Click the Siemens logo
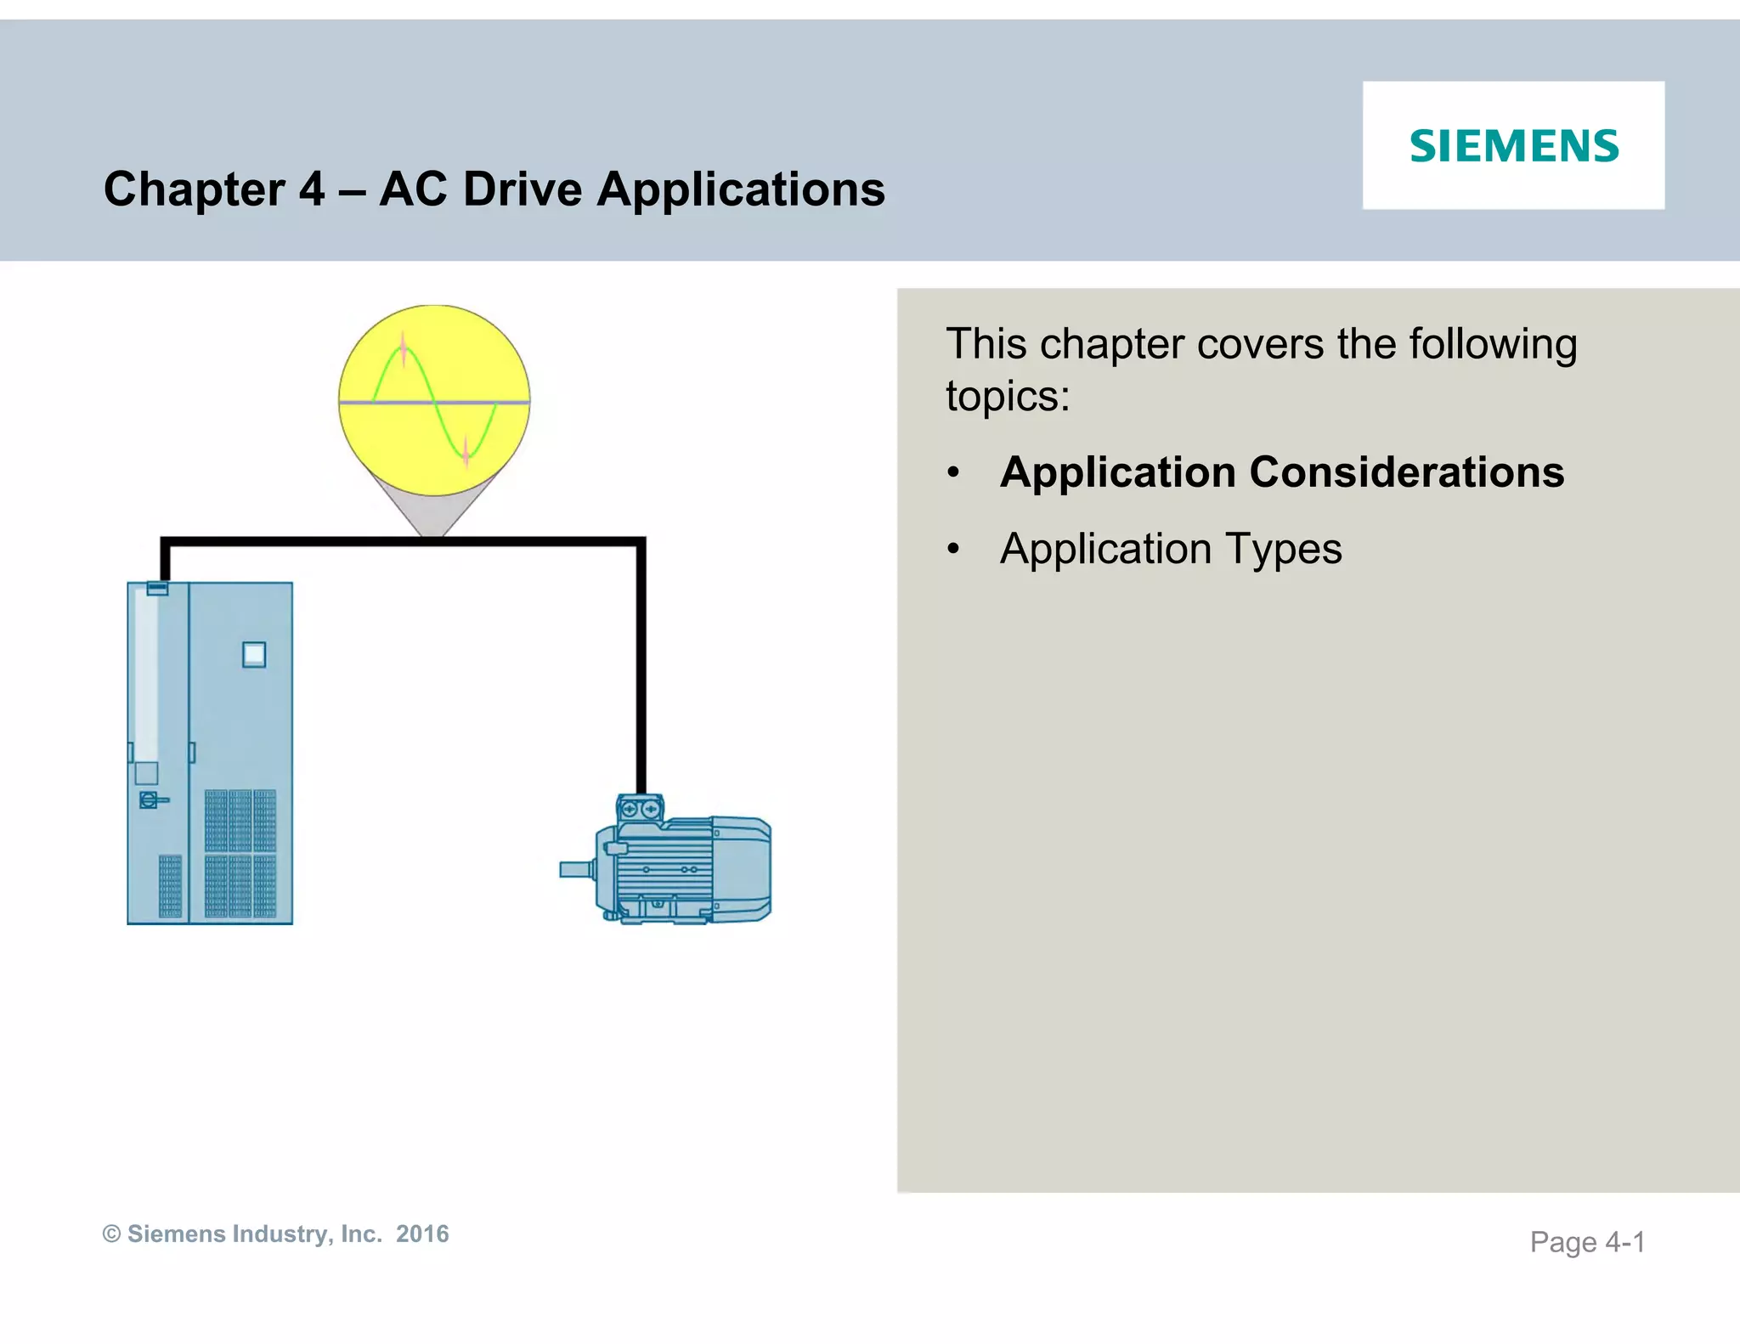(x=1514, y=145)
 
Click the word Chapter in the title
(x=194, y=189)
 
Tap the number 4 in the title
(x=312, y=189)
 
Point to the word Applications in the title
(x=740, y=190)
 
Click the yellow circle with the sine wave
(x=434, y=400)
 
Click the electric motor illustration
(x=680, y=867)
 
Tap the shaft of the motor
(x=577, y=870)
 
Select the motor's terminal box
(x=640, y=808)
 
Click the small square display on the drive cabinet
(x=254, y=654)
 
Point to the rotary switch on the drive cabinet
(x=150, y=799)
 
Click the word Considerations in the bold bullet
(x=1406, y=472)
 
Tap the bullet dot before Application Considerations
(x=954, y=473)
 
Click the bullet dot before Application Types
(x=954, y=550)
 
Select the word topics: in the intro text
(x=1008, y=397)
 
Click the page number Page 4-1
(x=1587, y=1242)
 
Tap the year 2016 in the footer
(x=422, y=1234)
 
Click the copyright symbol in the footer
(x=111, y=1234)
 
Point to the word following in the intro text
(x=1493, y=344)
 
